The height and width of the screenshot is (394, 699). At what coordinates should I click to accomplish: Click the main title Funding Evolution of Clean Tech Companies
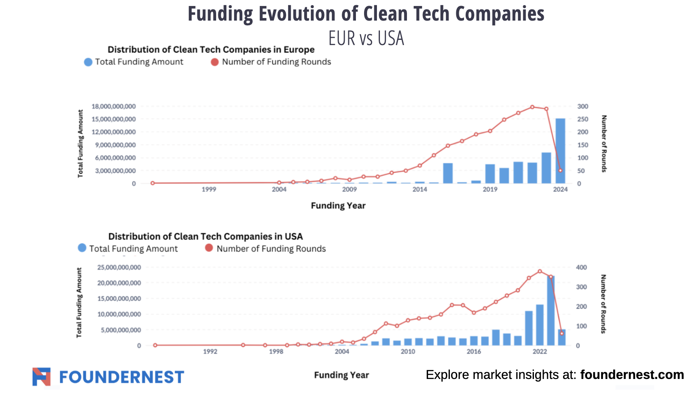[x=366, y=14]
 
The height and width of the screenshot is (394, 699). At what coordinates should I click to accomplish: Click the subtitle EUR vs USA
[x=366, y=38]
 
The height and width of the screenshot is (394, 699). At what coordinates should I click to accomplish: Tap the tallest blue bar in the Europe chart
[x=560, y=151]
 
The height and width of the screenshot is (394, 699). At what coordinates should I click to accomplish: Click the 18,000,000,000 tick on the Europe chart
[x=114, y=106]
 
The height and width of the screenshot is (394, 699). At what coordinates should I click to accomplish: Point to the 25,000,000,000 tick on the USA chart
[x=119, y=267]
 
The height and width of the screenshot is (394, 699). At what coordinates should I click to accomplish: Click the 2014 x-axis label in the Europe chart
[x=419, y=189]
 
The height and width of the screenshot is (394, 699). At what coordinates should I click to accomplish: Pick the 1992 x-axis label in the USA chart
[x=210, y=352]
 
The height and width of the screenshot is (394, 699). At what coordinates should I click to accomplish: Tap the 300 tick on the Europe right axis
[x=582, y=106]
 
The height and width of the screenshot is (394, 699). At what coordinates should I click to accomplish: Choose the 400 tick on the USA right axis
[x=581, y=267]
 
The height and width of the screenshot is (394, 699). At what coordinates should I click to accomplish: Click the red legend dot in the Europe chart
[x=215, y=62]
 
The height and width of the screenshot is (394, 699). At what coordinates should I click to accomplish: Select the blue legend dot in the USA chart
[x=82, y=248]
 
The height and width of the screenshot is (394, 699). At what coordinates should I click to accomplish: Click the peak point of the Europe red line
[x=532, y=107]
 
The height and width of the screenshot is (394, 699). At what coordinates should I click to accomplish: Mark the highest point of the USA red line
[x=539, y=271]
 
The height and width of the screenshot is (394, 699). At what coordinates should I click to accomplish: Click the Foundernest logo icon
[x=42, y=376]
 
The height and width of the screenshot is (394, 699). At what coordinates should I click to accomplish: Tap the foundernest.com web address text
[x=632, y=375]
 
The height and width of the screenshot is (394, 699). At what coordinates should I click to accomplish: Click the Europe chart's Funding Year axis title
[x=338, y=206]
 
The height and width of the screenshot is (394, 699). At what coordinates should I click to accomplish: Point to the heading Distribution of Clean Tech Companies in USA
[x=205, y=236]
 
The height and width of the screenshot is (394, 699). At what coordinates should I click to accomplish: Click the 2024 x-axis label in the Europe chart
[x=560, y=189]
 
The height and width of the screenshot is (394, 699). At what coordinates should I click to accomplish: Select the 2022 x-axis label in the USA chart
[x=539, y=352]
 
